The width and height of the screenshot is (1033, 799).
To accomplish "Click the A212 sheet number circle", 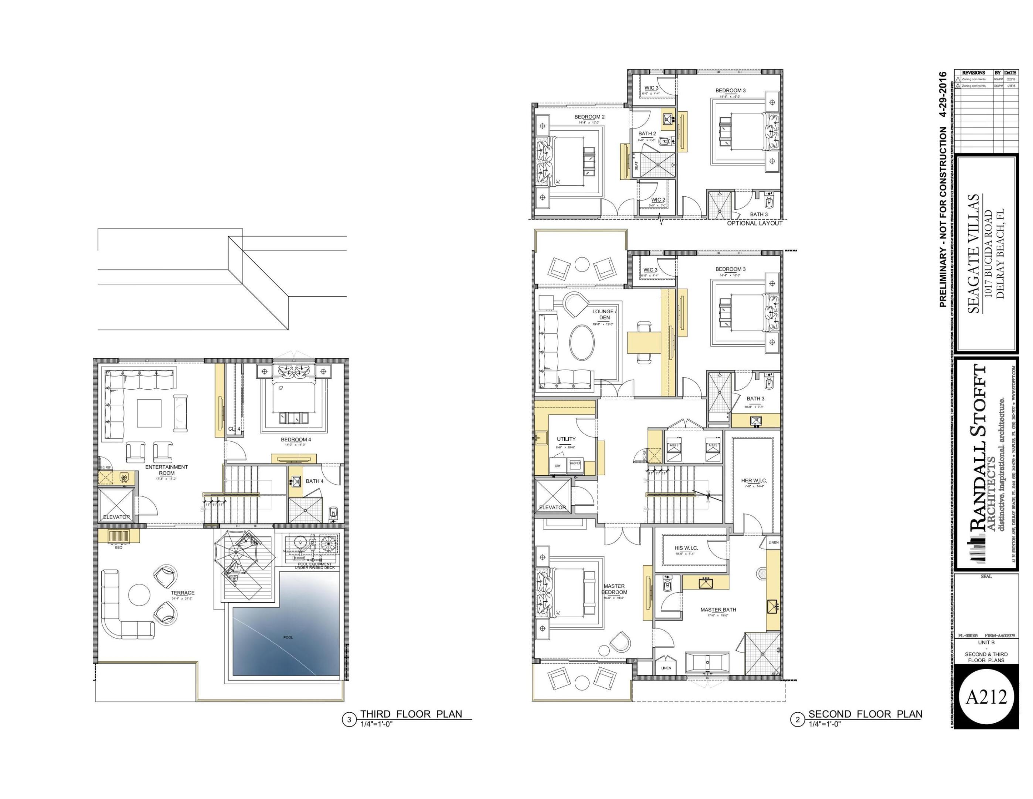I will (986, 696).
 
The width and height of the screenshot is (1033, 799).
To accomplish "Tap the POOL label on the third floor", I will (288, 637).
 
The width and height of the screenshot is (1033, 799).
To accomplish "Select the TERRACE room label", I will (183, 593).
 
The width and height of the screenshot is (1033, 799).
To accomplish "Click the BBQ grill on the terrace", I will (119, 536).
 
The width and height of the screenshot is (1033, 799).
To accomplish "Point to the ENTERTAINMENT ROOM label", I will (166, 469).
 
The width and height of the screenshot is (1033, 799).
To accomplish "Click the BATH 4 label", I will (315, 481).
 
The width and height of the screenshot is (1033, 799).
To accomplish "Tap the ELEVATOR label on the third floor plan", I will (116, 517).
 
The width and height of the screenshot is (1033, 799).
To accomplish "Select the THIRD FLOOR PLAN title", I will (411, 714).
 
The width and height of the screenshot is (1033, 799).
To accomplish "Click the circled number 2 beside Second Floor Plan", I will (798, 720).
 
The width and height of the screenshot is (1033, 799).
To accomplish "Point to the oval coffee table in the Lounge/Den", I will (582, 342).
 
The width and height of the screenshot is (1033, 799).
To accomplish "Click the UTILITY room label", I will (566, 439).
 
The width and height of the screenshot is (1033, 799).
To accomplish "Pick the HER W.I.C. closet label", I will (754, 481).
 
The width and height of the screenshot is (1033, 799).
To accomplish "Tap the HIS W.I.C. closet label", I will (686, 548).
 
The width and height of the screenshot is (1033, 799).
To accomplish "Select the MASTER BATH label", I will (718, 610).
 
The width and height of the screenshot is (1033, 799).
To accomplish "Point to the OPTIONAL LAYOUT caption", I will (754, 223).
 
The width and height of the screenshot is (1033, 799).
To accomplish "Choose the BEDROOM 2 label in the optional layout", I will (589, 117).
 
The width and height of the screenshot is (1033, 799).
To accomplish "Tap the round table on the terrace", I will (140, 594).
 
